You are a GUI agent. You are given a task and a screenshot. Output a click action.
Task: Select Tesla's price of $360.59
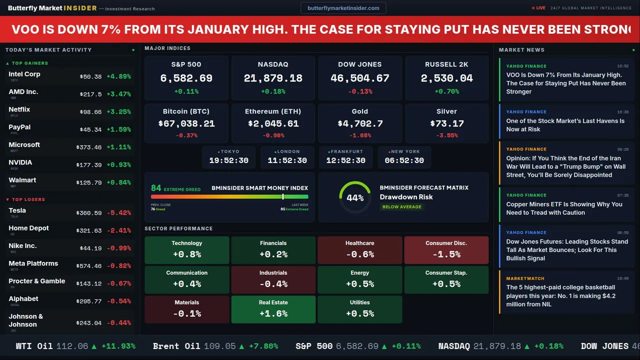click(x=90, y=213)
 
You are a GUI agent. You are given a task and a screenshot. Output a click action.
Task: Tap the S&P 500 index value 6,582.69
click(x=186, y=78)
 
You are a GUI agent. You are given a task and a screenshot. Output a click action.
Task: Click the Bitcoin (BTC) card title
click(x=186, y=111)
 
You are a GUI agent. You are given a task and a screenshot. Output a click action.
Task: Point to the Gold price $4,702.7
click(x=360, y=123)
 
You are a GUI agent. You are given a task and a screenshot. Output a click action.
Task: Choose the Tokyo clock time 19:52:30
click(x=228, y=160)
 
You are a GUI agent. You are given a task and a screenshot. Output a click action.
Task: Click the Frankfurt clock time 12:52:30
click(x=345, y=160)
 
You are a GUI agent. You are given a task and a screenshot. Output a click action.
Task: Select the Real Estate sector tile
click(x=273, y=309)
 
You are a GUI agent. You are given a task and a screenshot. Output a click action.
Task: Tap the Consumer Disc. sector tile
click(x=446, y=249)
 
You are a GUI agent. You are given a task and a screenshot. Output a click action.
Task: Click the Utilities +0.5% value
click(x=360, y=313)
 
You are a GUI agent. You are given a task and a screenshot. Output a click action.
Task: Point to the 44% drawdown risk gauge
click(x=355, y=197)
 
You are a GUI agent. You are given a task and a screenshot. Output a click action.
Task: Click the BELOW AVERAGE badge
click(x=401, y=206)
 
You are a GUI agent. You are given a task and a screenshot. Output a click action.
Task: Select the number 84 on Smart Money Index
click(x=156, y=188)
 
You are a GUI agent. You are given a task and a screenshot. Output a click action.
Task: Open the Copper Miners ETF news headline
click(x=564, y=208)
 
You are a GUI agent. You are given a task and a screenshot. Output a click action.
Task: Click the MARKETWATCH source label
click(x=525, y=278)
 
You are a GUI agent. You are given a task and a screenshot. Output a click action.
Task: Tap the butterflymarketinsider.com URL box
click(x=343, y=8)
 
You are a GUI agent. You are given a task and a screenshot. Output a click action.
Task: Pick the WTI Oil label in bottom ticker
click(x=34, y=346)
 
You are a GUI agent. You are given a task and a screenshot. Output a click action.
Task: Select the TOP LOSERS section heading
click(x=28, y=199)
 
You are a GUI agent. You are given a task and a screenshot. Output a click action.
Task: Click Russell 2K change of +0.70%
click(x=446, y=91)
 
